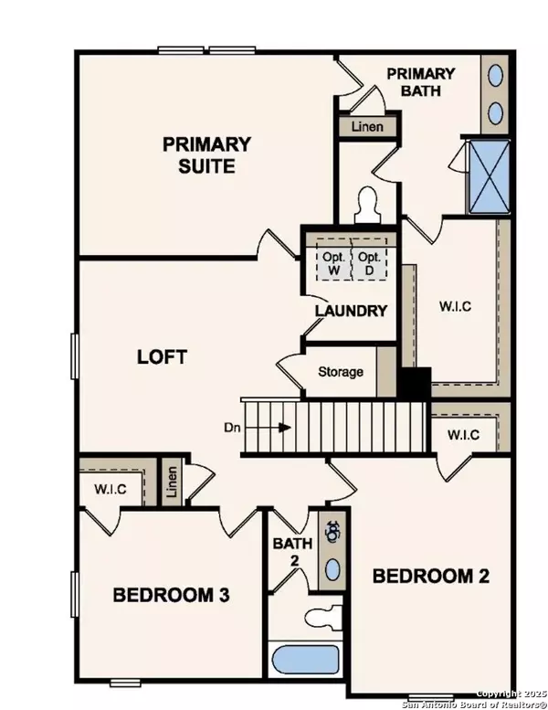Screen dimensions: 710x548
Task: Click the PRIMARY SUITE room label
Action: [206, 155]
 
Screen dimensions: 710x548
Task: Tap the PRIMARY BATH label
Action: [420, 82]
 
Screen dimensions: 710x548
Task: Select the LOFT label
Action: [162, 356]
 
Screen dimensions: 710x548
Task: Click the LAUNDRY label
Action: [351, 311]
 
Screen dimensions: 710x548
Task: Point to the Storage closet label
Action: [340, 372]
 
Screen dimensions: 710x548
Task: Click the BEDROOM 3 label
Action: [171, 595]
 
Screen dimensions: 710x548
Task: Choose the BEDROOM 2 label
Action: [431, 576]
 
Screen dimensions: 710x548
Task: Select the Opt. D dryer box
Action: [369, 263]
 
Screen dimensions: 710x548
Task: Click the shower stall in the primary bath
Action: [489, 175]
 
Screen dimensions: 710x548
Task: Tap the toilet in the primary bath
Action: [370, 205]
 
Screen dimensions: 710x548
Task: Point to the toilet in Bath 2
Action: [322, 615]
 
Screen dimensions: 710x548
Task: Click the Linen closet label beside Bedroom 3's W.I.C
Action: [171, 483]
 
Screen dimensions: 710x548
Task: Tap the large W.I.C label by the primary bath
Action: [453, 306]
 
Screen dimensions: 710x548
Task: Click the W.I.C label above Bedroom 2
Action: [463, 434]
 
